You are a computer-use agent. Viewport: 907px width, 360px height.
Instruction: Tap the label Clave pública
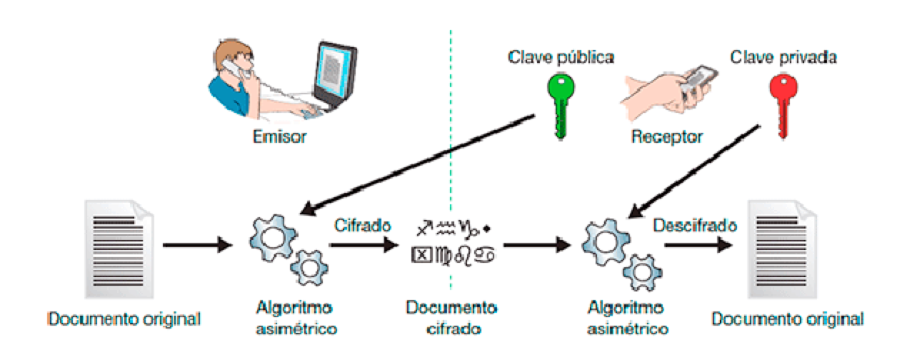pyautogui.click(x=561, y=56)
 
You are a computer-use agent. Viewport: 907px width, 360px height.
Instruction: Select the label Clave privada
pyautogui.click(x=783, y=56)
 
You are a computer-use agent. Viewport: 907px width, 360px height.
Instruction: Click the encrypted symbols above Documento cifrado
pyautogui.click(x=453, y=241)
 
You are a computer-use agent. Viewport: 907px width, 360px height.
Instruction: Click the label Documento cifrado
pyautogui.click(x=451, y=319)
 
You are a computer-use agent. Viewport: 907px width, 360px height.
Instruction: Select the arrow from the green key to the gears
pyautogui.click(x=421, y=161)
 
